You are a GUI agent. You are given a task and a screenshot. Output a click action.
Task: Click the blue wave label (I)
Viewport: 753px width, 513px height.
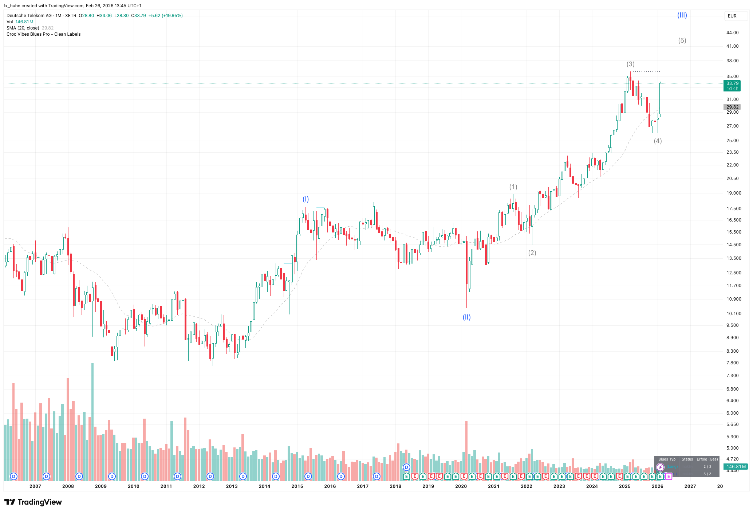[x=305, y=199]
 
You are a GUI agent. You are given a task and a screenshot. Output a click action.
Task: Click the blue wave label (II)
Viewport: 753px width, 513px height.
[x=466, y=317]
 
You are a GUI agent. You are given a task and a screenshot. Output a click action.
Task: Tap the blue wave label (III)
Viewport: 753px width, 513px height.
[x=682, y=15]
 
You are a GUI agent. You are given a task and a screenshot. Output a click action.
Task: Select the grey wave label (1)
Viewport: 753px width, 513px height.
[x=513, y=187]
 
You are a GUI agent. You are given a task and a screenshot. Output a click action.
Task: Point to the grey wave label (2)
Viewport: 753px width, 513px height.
[x=532, y=253]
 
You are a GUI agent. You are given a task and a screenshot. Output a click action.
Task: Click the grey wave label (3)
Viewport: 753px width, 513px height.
[x=630, y=64]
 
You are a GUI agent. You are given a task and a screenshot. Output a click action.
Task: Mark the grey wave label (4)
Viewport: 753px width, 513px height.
[x=658, y=141]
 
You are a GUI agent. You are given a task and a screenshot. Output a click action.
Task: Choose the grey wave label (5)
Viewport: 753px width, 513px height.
[x=682, y=40]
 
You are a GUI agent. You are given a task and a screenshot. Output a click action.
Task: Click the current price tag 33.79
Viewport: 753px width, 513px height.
[x=732, y=83]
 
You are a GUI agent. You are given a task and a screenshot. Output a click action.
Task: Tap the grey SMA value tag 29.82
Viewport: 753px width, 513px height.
[x=732, y=107]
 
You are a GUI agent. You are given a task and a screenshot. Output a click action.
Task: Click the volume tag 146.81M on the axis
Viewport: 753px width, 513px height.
[x=736, y=466]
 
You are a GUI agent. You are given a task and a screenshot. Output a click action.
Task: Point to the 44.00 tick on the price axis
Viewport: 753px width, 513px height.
[x=732, y=33]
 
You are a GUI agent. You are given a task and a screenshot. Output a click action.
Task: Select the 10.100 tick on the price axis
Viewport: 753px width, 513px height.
[x=734, y=314]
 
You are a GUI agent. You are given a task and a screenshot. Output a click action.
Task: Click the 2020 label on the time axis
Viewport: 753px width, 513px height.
[x=461, y=486]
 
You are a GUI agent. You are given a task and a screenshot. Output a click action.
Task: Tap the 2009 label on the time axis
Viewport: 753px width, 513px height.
[x=101, y=486]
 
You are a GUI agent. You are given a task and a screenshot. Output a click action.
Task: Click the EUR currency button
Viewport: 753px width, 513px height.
[x=732, y=16]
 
